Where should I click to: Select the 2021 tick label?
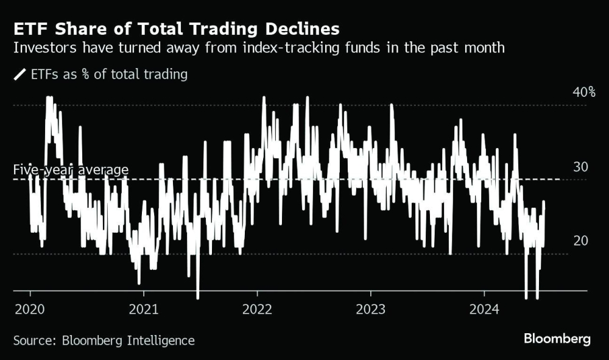143,309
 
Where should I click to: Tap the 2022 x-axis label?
256,309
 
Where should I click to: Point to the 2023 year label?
370,309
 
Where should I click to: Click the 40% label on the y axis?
583,92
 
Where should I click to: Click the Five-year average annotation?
71,169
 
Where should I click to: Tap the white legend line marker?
20,75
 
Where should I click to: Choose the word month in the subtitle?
484,48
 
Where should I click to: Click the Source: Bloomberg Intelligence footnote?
104,341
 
